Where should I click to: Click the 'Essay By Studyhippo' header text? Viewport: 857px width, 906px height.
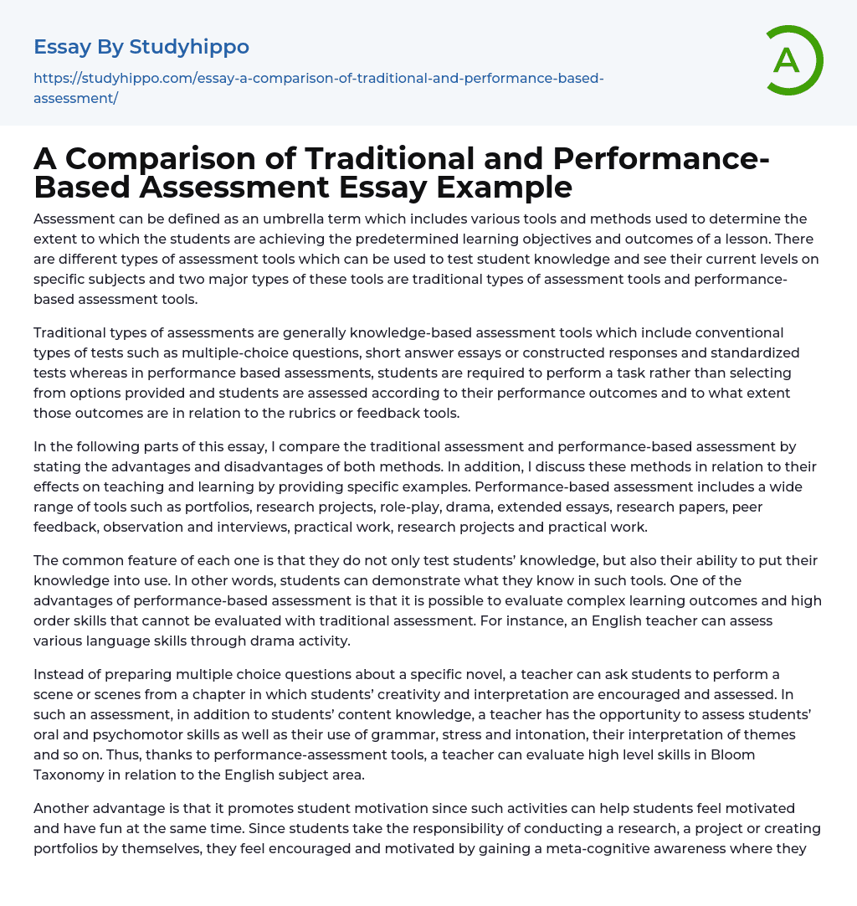point(141,47)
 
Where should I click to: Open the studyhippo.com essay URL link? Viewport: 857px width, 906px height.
point(318,79)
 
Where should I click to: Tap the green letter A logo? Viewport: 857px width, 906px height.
point(787,60)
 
